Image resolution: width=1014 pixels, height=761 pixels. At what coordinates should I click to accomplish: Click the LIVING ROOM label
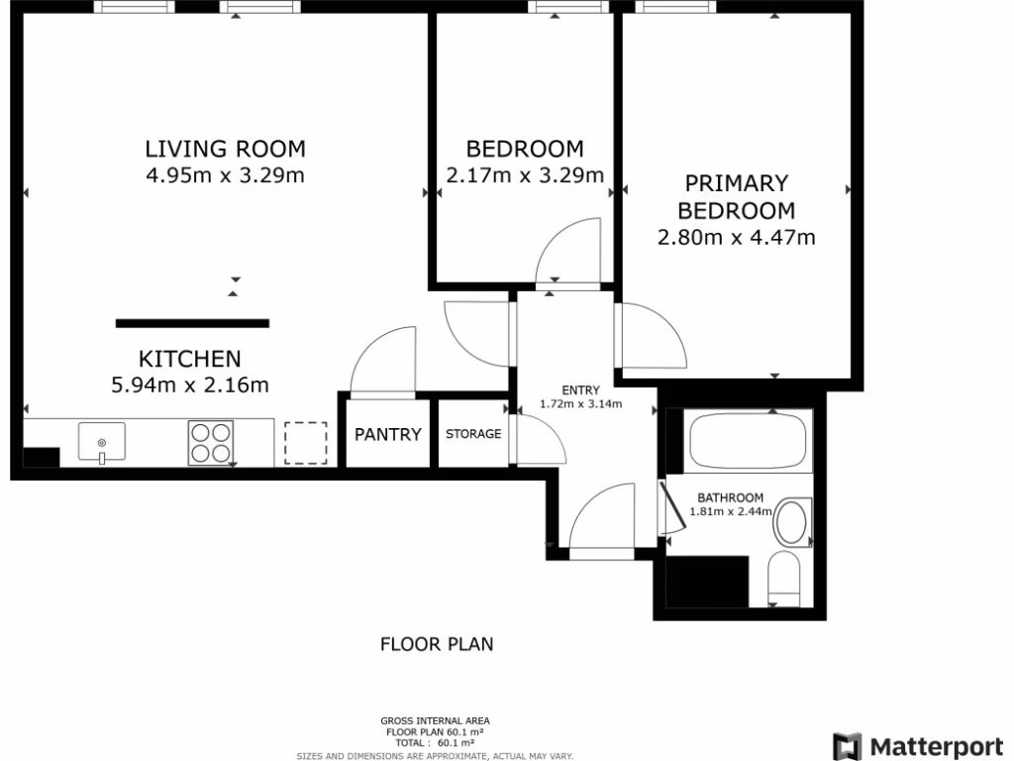coord(225,150)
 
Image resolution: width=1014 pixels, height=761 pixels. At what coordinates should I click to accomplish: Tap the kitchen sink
coord(101,442)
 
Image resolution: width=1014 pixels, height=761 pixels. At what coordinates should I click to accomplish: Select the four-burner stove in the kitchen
coord(211,443)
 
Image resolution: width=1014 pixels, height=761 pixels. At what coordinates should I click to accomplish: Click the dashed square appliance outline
coord(305,443)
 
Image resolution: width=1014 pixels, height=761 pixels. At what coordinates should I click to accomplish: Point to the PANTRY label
coord(388,434)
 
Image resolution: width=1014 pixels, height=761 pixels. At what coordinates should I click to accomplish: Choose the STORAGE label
coord(473,434)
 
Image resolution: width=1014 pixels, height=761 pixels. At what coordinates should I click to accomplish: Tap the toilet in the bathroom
coord(783,579)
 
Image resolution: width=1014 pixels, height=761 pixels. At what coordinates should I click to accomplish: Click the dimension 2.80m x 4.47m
coord(736,238)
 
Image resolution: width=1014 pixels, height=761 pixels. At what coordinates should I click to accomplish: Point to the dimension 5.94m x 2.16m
coord(190,384)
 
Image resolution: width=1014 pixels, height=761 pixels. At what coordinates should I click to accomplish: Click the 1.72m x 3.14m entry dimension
coord(580,403)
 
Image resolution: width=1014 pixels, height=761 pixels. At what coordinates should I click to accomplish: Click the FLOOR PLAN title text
coord(437,644)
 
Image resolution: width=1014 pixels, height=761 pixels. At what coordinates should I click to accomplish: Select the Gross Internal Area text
coord(436,720)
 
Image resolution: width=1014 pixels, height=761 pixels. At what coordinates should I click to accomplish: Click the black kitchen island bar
coord(192,322)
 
